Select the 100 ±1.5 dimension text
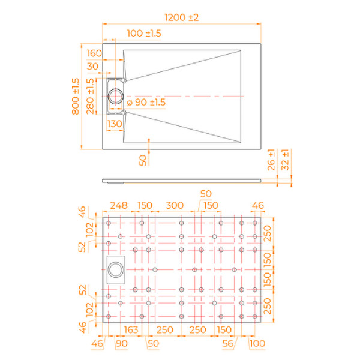144,34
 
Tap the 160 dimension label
94,52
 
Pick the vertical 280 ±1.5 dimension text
91,97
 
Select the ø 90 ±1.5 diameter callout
146,103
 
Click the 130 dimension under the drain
115,124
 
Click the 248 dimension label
118,206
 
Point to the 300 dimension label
174,206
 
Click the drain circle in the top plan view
116,96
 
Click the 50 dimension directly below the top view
142,160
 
